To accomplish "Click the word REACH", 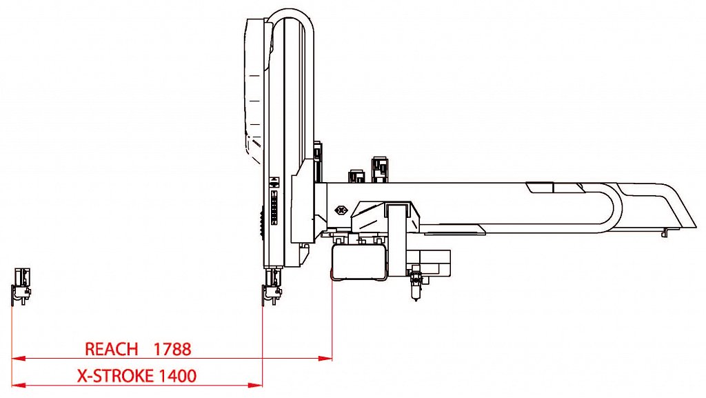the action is tap(111, 349).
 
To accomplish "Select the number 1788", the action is tap(172, 349).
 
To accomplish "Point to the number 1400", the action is tap(177, 375).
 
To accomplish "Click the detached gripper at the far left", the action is tap(21, 286).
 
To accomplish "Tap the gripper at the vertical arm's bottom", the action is tap(272, 287).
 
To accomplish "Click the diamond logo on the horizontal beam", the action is tap(342, 210).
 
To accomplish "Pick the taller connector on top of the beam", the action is tap(380, 170).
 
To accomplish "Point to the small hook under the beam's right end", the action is tap(665, 233).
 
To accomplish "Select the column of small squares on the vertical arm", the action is tap(273, 207).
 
